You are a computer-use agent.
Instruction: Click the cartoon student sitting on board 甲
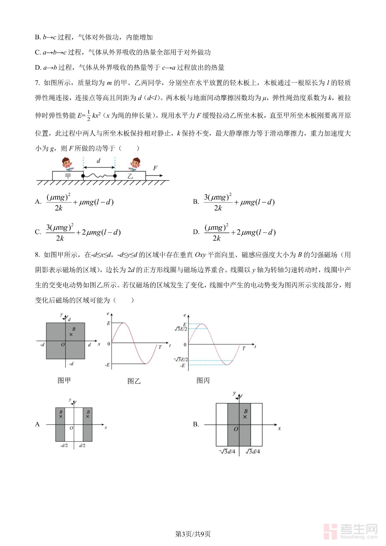coord(67,164)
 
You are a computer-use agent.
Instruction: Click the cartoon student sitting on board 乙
coord(135,164)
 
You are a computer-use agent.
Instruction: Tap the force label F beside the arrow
coord(155,168)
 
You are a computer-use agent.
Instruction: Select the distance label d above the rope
coord(99,161)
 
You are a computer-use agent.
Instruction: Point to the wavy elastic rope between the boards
coord(99,176)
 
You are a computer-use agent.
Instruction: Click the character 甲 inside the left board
coord(68,176)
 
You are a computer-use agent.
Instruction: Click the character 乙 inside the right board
coord(130,176)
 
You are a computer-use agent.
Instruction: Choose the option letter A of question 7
coord(38,202)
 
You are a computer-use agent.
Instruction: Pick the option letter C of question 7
coord(38,232)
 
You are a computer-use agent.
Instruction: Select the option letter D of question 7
coord(196,232)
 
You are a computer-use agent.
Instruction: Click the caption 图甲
coord(64,380)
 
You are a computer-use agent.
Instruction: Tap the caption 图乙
coord(134,381)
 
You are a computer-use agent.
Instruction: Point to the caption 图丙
coord(203,380)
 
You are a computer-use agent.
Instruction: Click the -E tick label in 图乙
coord(107,365)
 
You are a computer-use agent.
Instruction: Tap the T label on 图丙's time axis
coord(244,348)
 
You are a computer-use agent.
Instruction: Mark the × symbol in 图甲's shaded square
coord(71,334)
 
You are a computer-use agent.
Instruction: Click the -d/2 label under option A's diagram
coord(64,445)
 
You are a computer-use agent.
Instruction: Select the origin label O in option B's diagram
coord(236,429)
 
